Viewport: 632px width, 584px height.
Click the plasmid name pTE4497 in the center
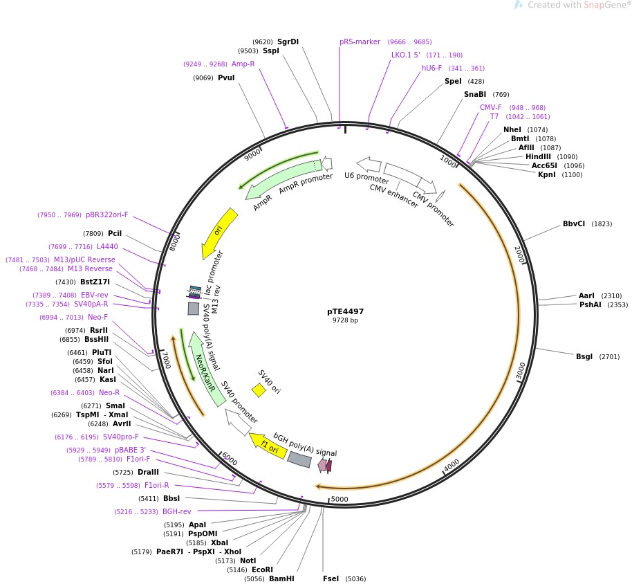pos(345,311)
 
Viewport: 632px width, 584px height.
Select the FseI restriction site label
pos(331,578)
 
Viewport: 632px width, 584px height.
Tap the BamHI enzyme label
pos(281,578)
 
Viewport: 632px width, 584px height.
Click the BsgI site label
pos(584,357)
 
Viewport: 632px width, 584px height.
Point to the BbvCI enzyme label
pos(574,223)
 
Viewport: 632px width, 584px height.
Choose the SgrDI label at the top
pos(288,42)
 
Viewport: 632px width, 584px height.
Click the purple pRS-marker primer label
pos(360,42)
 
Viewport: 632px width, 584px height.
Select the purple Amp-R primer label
pos(243,64)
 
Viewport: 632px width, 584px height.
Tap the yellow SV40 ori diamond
pos(259,390)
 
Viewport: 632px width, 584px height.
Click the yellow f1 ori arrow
pos(268,446)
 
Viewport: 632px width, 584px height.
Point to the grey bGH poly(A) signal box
pos(299,459)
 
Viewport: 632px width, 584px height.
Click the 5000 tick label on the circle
pos(340,499)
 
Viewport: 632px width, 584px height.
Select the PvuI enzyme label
pos(226,77)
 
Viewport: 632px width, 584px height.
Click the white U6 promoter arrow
pos(369,165)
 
